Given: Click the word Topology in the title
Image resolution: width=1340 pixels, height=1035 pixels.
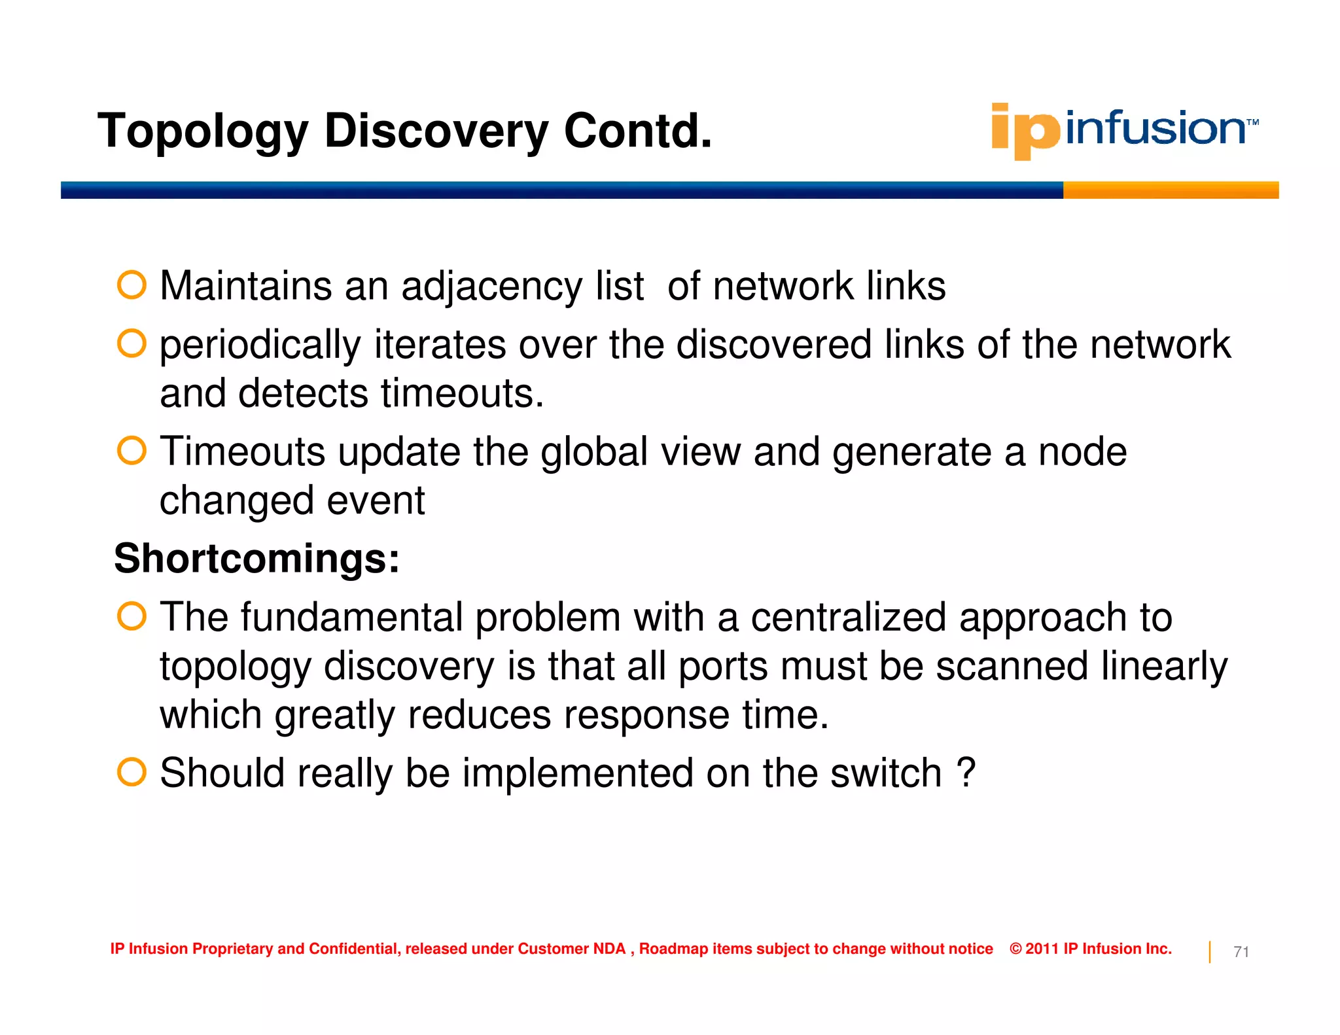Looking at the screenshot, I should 202,132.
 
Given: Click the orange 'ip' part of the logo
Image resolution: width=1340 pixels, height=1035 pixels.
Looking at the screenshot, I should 1024,130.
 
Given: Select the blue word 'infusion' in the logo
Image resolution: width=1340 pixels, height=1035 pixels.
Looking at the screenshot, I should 1155,128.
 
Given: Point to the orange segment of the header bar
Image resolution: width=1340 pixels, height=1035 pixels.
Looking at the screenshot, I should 1171,190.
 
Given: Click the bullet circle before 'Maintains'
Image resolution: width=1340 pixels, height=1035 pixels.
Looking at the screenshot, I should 132,285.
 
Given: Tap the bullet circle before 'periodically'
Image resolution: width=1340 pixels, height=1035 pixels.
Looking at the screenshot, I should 132,343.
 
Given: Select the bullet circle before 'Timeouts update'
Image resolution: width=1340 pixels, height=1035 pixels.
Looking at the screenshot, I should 132,451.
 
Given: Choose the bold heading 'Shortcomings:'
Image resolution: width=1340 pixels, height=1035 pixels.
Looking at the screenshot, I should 256,559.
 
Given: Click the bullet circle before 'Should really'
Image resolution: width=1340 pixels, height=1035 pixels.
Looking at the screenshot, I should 132,772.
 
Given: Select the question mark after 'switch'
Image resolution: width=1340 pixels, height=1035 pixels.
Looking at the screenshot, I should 966,773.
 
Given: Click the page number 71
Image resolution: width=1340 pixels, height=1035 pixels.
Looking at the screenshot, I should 1241,952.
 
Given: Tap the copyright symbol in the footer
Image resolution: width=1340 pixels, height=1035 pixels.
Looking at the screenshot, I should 1015,949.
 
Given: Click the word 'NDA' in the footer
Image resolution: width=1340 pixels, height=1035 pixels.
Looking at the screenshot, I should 608,949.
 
